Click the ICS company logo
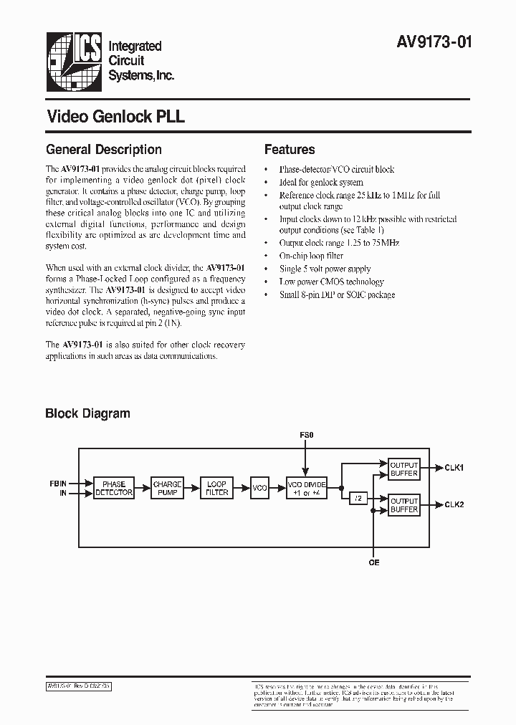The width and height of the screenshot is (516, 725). [74, 59]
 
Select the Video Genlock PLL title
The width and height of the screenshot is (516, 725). [115, 117]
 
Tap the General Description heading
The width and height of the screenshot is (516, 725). [104, 150]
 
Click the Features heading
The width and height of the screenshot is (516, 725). [290, 150]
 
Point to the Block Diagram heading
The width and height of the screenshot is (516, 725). [88, 413]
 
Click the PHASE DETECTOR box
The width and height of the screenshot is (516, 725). [114, 489]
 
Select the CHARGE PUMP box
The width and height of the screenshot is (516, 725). [168, 489]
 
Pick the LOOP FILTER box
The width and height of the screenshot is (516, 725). [217, 489]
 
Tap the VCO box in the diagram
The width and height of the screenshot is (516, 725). [260, 489]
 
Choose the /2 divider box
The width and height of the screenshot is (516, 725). [356, 496]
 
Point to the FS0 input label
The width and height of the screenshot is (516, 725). [306, 435]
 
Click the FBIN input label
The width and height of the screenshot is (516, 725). [56, 484]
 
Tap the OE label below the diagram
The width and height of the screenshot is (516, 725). [374, 563]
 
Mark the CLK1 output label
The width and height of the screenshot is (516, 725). [454, 468]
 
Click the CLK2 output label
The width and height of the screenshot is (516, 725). [454, 504]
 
